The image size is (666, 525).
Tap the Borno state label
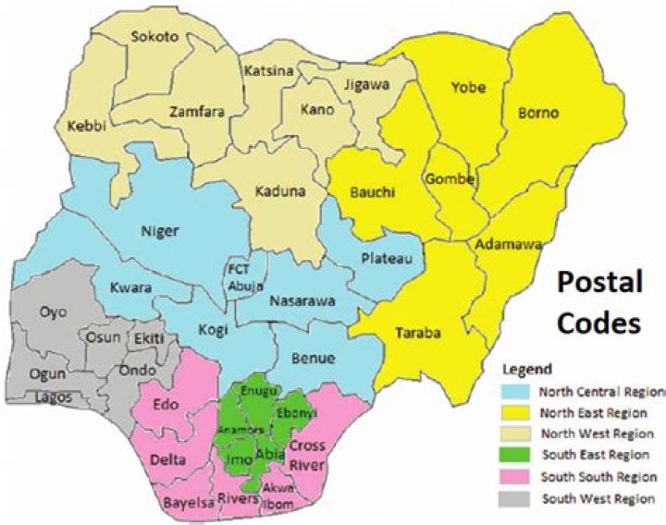pyautogui.click(x=537, y=114)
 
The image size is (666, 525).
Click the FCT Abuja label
pyautogui.click(x=246, y=276)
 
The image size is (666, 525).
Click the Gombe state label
pyautogui.click(x=450, y=178)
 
